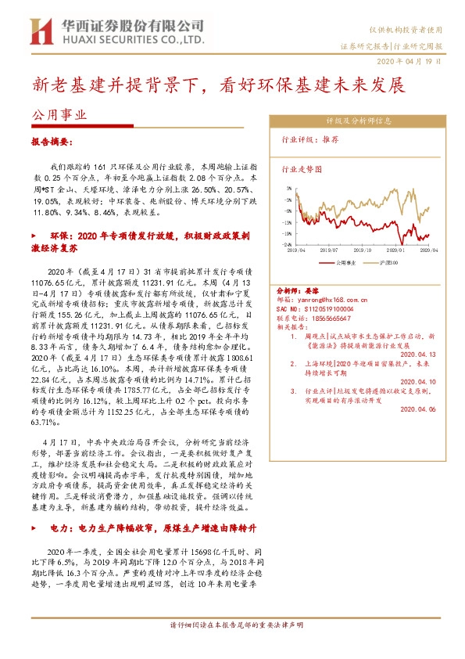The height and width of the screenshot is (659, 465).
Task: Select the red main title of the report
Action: [x=217, y=85]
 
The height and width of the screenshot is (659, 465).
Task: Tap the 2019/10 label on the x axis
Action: [x=359, y=250]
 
